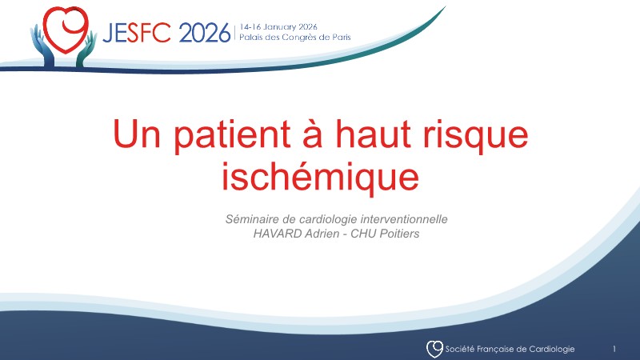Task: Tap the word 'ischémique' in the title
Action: tap(320, 175)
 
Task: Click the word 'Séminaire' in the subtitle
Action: tap(254, 218)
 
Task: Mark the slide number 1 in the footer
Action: tap(614, 349)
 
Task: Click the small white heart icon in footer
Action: tap(434, 349)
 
